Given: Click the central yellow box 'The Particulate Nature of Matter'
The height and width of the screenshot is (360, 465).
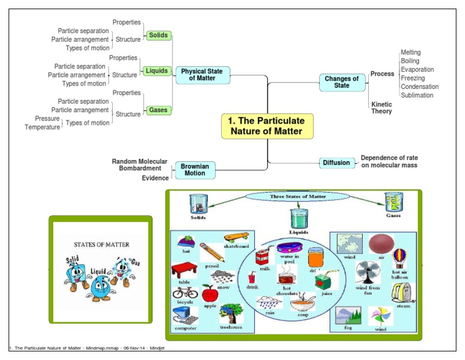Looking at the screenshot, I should click(x=267, y=126).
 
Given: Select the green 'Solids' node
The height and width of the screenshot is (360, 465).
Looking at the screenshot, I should click(x=158, y=36).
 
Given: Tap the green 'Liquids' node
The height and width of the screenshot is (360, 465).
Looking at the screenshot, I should click(x=157, y=71).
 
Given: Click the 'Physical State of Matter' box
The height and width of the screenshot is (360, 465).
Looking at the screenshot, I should click(x=202, y=75).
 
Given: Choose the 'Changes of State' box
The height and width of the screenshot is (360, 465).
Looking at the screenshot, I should click(x=341, y=82).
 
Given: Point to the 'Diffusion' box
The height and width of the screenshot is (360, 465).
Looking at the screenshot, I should click(x=336, y=162).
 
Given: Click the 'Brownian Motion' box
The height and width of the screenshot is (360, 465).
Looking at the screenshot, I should click(x=192, y=169).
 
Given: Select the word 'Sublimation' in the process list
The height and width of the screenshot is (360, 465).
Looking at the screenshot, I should click(x=417, y=95).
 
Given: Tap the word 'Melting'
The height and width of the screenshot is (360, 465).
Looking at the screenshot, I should click(x=411, y=53).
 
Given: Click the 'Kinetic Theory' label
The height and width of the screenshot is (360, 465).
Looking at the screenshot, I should click(x=381, y=108).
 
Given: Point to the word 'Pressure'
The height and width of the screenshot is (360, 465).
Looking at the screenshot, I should click(x=47, y=118).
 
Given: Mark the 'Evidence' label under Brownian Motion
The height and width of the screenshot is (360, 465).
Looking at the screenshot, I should click(x=155, y=178).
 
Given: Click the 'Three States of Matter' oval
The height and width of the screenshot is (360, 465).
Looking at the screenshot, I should click(x=290, y=196).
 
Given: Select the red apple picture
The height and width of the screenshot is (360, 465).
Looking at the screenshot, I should click(x=209, y=295).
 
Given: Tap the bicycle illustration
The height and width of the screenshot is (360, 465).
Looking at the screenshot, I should click(x=184, y=292).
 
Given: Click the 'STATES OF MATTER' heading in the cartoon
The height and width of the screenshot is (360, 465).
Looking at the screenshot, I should click(x=101, y=245).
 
